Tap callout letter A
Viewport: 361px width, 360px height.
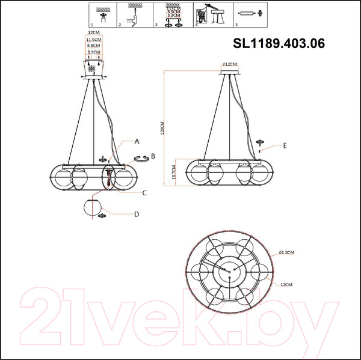point(137,142)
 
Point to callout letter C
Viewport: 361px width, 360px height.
point(144,193)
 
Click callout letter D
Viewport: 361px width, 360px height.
point(137,214)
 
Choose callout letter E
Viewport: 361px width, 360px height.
point(285,145)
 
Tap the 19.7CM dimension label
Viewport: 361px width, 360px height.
point(173,172)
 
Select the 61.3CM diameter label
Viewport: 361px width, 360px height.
point(287,253)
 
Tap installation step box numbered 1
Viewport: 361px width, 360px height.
point(104,15)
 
